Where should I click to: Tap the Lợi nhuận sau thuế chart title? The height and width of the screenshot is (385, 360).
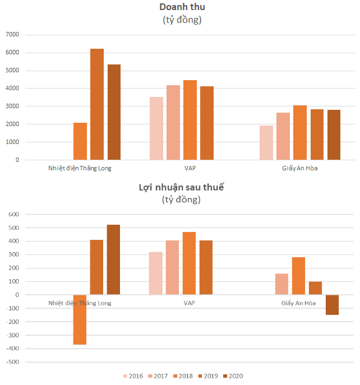181,187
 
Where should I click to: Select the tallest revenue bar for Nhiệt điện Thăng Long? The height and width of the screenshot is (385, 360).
97,104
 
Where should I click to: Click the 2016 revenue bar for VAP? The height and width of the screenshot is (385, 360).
156,128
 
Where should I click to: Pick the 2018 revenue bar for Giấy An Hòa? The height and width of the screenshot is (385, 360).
299,132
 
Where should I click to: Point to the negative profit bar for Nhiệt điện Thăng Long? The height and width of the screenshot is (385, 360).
80,319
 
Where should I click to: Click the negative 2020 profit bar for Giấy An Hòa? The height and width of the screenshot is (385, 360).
332,305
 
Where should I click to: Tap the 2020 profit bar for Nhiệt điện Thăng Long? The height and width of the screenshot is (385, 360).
113,259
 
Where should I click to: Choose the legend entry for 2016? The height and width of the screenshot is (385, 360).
133,376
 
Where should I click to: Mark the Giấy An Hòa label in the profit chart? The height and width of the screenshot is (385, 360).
298,303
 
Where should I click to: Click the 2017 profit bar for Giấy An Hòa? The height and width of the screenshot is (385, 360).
281,284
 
